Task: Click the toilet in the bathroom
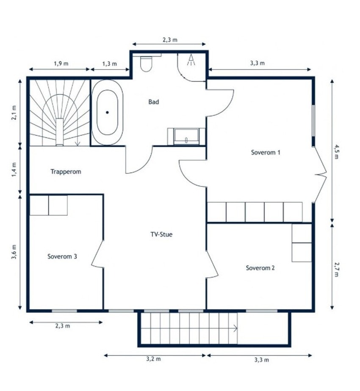point(146,64)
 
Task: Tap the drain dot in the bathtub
point(107,113)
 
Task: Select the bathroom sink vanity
point(186,136)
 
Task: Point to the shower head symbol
point(191,60)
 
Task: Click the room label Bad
point(154,102)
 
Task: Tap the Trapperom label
point(66,171)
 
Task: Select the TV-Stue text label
point(161,234)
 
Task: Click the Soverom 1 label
point(266,152)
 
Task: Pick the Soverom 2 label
point(260,268)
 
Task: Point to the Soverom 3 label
point(62,256)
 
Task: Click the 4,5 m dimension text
point(337,151)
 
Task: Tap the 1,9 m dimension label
point(61,63)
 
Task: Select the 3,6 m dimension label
point(14,252)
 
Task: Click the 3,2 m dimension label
point(154,359)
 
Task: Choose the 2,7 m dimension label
point(337,269)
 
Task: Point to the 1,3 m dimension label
point(110,63)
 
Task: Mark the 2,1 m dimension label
point(14,113)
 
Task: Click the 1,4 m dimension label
point(14,170)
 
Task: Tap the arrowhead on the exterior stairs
point(235,328)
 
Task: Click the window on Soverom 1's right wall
point(313,121)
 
